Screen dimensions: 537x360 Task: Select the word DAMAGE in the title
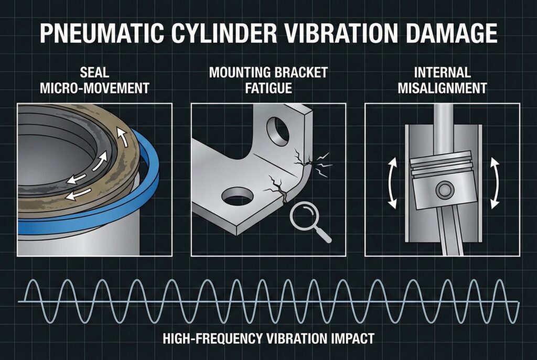click(x=452, y=33)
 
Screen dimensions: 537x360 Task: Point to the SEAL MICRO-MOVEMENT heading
click(x=94, y=80)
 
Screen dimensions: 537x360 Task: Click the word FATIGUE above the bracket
click(x=268, y=88)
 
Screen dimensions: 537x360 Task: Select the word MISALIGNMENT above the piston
click(x=442, y=88)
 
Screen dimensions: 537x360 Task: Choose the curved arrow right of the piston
click(x=494, y=183)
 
